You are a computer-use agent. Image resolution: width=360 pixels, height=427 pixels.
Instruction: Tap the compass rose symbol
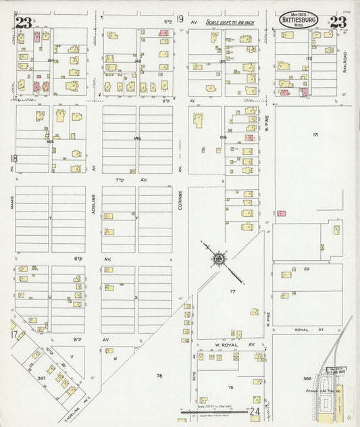point(219,257)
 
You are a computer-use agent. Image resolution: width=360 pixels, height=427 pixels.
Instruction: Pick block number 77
point(232,291)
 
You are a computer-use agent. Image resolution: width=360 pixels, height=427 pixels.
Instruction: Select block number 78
point(159,375)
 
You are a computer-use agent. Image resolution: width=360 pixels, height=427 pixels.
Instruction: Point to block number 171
point(315,134)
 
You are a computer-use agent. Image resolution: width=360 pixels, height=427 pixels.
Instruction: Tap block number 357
point(41,378)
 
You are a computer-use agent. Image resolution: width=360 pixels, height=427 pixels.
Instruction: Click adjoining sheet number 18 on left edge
point(12,159)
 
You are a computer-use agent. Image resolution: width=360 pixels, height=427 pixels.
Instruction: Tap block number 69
point(306,270)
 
